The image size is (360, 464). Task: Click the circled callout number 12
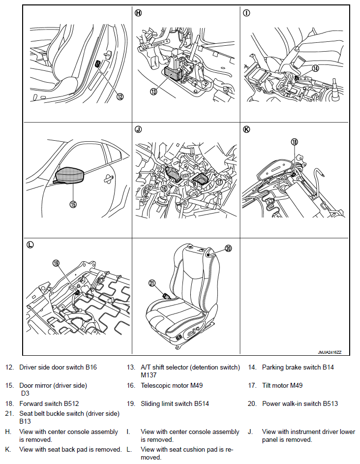(x=120, y=96)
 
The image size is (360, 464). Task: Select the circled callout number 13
(x=153, y=92)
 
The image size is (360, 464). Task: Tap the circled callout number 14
(x=315, y=68)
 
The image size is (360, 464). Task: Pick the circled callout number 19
(x=57, y=263)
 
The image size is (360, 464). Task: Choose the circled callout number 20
(x=228, y=248)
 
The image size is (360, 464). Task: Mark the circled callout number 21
(x=152, y=283)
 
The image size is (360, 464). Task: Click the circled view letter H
(x=138, y=13)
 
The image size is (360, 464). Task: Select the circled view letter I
(x=246, y=13)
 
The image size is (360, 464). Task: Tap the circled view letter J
(x=138, y=129)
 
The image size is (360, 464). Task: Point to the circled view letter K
(x=246, y=129)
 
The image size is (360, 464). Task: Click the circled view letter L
(x=30, y=245)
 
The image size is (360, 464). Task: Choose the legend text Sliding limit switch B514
(x=175, y=403)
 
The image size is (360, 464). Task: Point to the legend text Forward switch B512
(x=49, y=403)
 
